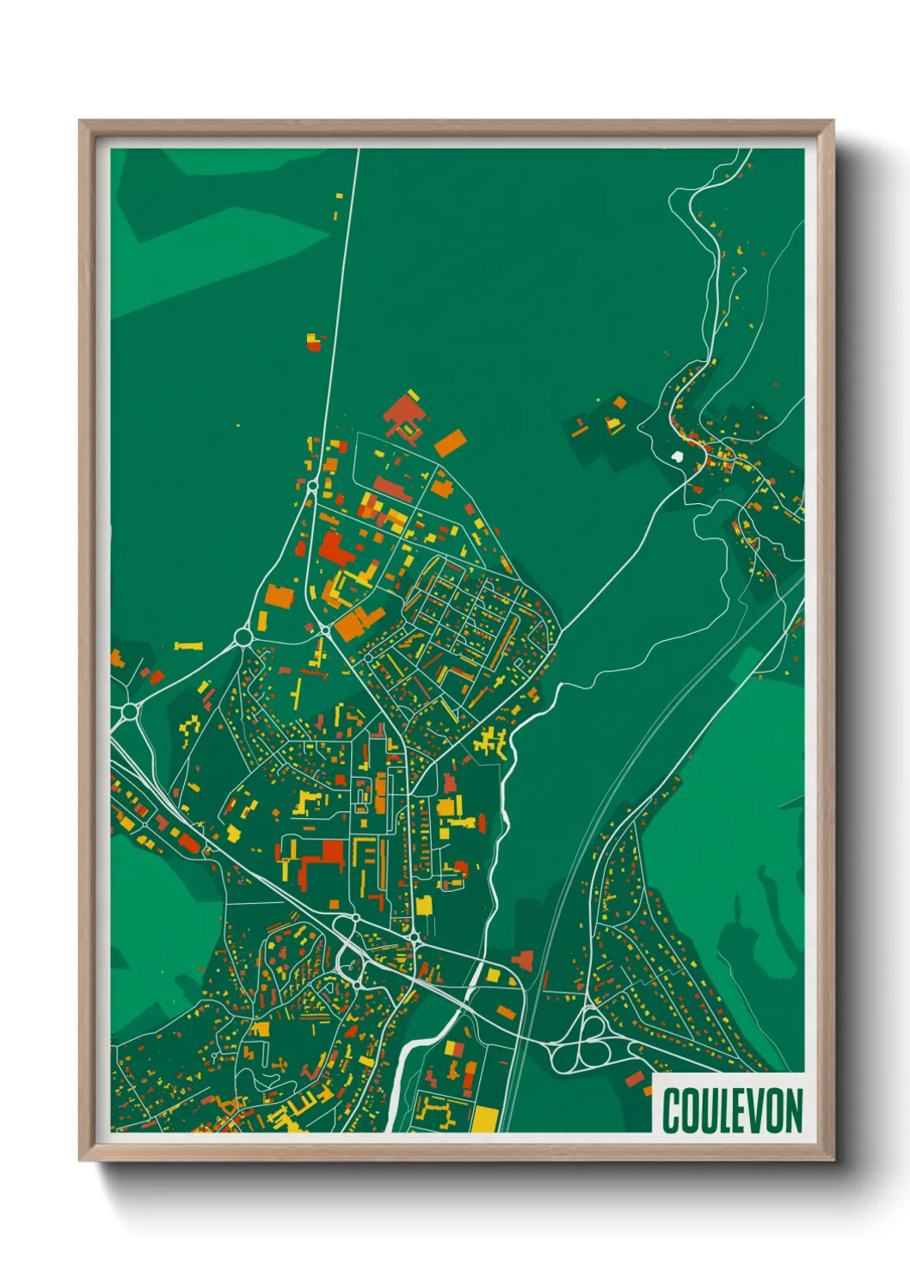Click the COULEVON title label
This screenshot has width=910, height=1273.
point(732,1110)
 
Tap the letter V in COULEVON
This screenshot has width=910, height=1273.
point(753,1110)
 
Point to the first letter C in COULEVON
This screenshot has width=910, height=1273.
point(671,1110)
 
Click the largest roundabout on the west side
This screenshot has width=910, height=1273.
point(243,637)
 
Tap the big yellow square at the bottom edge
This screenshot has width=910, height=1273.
point(484,1118)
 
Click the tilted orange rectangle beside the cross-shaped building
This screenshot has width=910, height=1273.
point(450,443)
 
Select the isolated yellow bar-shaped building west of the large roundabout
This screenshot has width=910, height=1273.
point(188,645)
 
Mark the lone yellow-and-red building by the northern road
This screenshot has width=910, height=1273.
point(314,341)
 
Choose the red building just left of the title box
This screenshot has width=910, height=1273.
point(635,1079)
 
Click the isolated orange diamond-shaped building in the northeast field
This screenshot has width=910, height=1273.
point(619,403)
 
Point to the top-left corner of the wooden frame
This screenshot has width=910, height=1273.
point(80,121)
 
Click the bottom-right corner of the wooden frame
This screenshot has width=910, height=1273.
point(833,1159)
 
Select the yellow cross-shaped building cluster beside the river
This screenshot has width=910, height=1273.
point(491,741)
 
